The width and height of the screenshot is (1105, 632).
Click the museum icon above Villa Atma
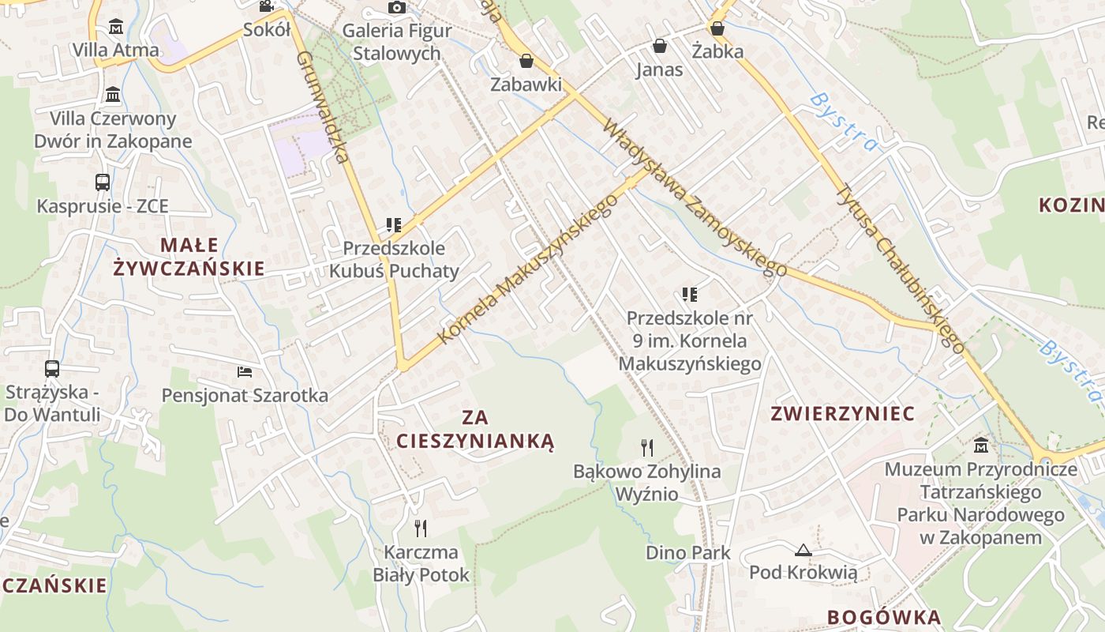116,26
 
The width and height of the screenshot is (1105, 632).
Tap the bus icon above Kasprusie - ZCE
103,182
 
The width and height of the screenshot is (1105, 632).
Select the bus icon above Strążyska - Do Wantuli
52,369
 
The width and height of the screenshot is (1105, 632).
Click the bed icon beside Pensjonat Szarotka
245,371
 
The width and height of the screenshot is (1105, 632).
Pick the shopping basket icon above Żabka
717,28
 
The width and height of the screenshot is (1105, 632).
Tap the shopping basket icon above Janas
659,47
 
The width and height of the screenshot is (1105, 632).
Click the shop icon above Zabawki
526,61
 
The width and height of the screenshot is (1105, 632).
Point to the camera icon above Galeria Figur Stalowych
397,8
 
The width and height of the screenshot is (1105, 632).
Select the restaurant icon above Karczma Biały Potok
421,528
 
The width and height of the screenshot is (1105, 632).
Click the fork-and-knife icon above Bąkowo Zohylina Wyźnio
647,448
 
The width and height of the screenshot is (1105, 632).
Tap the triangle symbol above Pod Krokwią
803,550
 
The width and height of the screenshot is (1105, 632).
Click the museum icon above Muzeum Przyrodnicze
981,446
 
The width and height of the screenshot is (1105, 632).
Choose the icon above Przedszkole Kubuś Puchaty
394,225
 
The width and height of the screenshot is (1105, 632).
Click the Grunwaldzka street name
323,107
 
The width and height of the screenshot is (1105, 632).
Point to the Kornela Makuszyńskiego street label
527,269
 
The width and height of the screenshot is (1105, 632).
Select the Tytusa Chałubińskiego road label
900,269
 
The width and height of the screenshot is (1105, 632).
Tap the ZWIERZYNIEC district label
842,414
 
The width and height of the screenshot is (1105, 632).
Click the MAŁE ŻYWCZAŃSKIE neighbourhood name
189,256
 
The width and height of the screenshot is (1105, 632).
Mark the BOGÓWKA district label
884,618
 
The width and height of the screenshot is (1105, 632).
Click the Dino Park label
688,553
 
